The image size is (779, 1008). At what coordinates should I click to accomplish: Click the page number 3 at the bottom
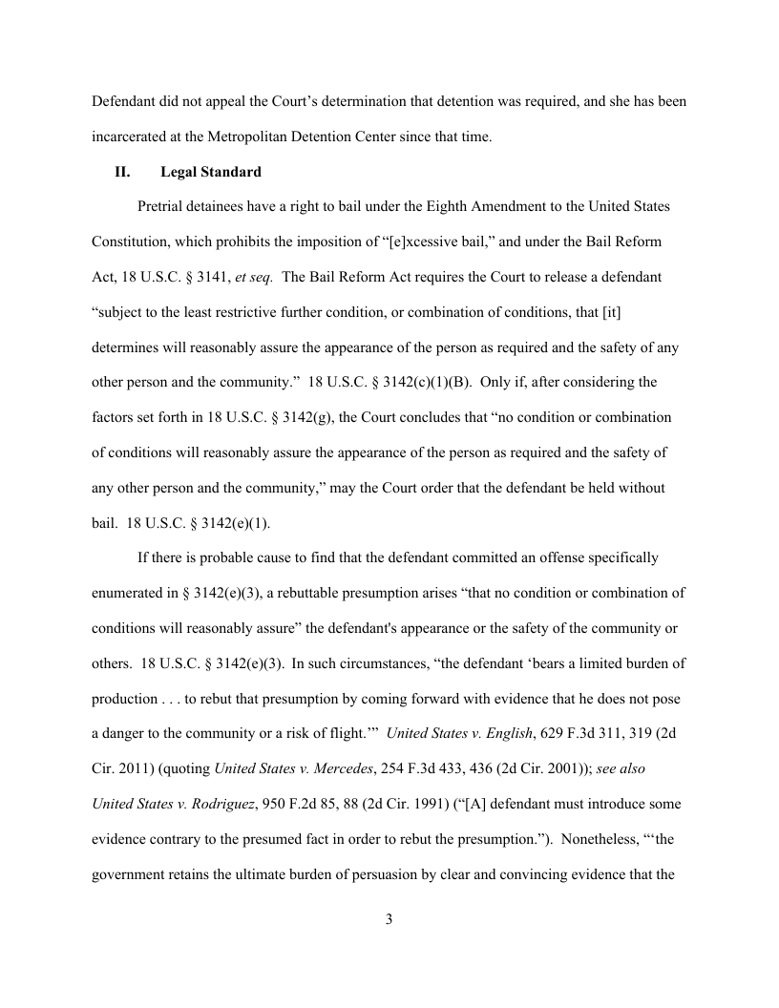click(x=389, y=920)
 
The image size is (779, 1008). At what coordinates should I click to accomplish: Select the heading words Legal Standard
click(x=211, y=173)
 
